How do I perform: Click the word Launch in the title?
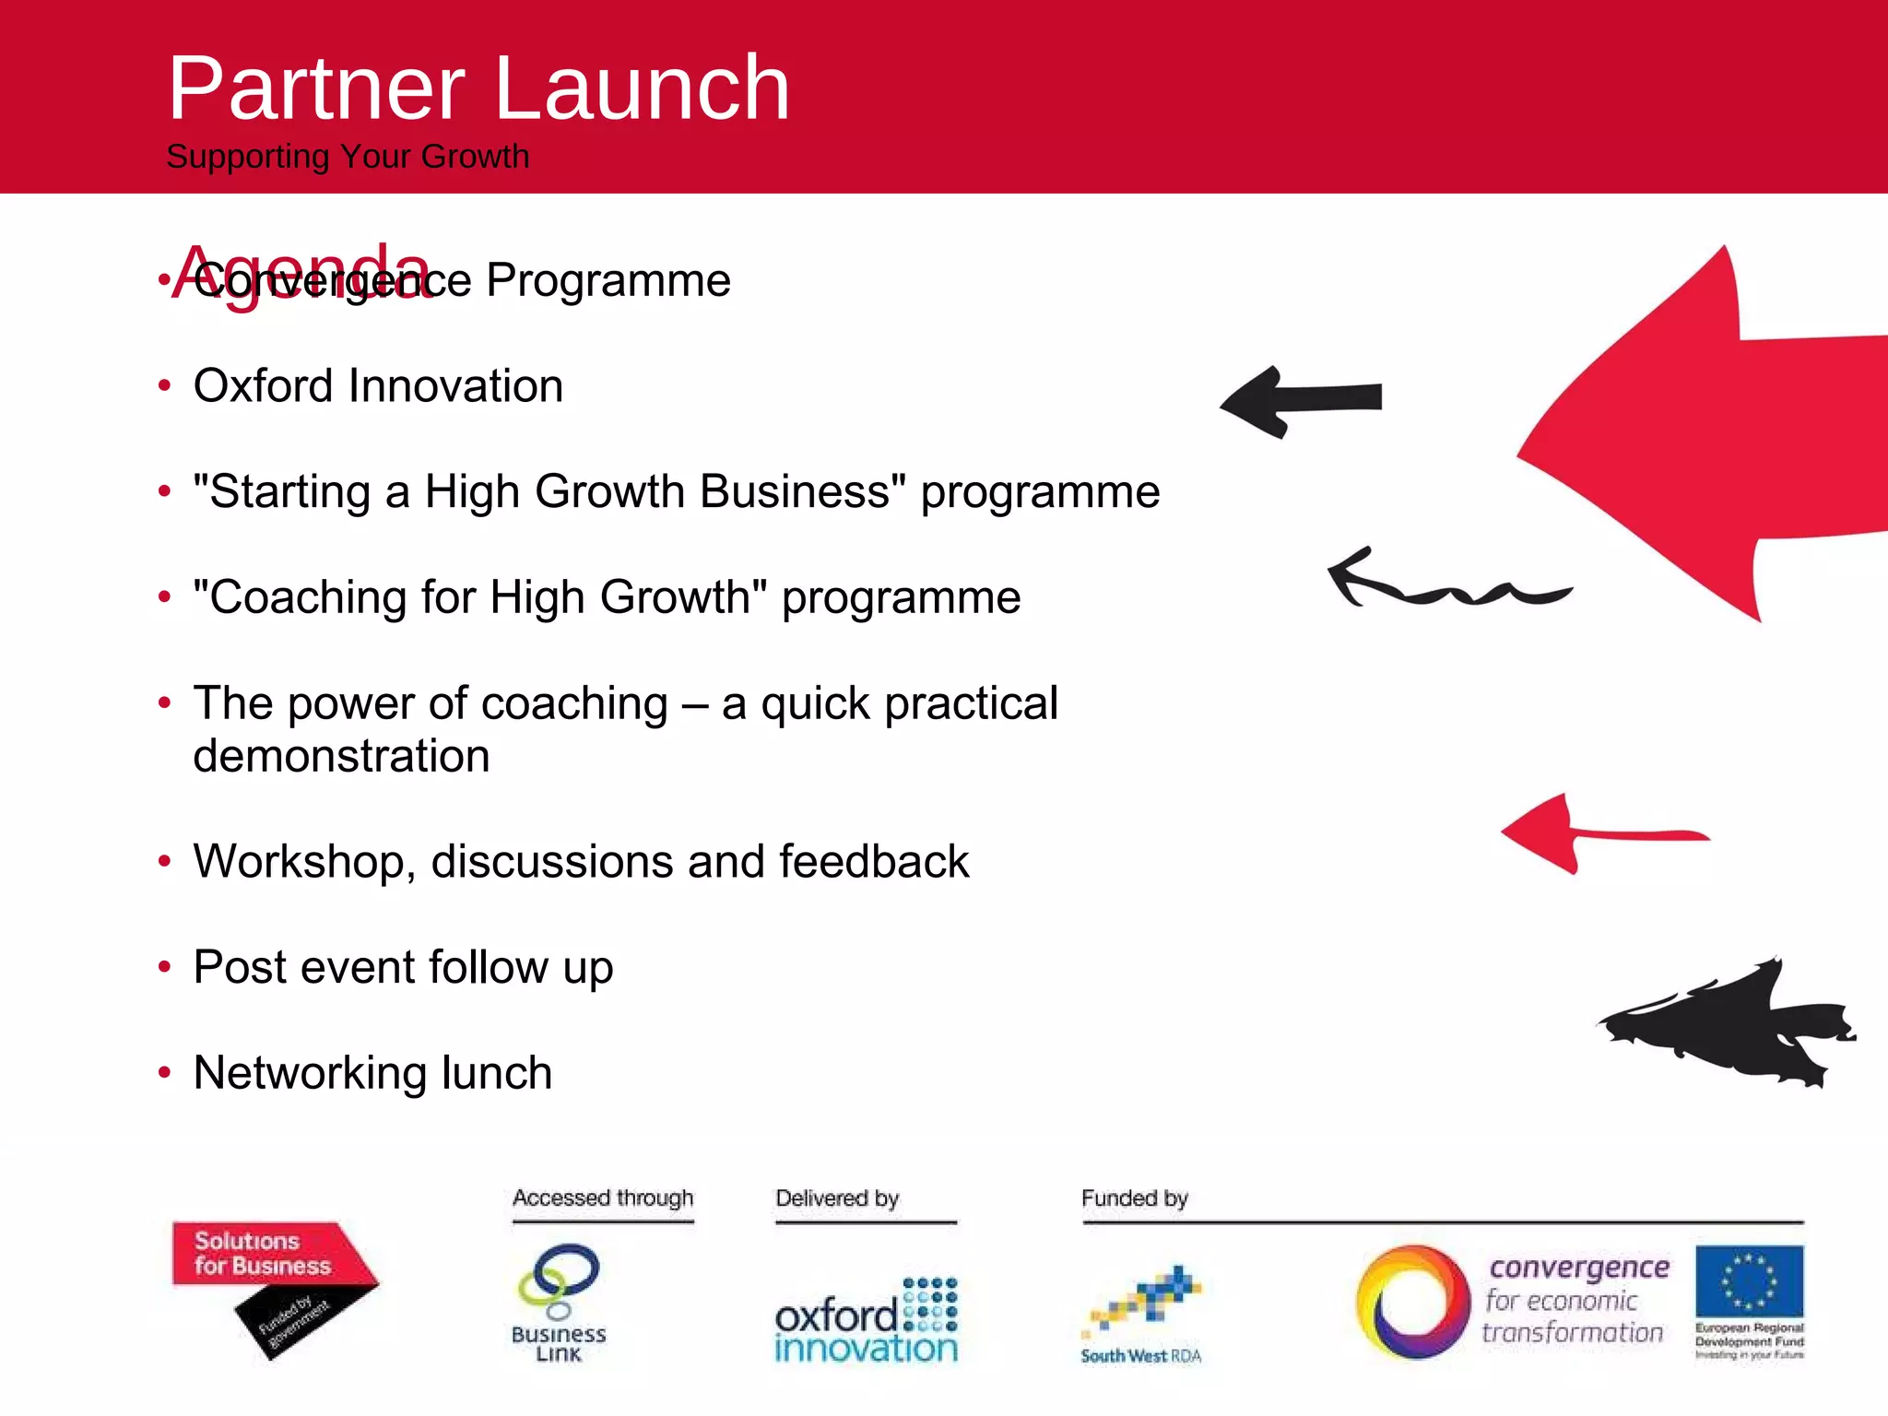643,88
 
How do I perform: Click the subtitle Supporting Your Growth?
348,157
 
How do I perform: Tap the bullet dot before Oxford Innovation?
165,385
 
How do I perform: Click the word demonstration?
341,757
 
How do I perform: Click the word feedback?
873,862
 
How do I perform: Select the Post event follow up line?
403,968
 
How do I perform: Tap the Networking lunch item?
372,1073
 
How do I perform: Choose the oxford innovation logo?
866,1321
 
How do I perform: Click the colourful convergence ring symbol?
1412,1303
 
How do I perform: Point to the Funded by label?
1134,1198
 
